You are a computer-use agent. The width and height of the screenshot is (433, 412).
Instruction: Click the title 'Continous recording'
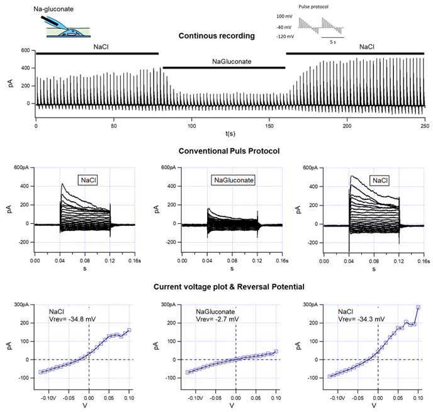click(x=216, y=36)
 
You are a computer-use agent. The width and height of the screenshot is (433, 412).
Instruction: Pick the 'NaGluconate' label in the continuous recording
click(x=223, y=60)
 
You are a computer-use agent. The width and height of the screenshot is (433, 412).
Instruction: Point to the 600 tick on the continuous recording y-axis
click(x=25, y=50)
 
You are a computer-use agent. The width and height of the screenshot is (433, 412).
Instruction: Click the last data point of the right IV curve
click(x=418, y=308)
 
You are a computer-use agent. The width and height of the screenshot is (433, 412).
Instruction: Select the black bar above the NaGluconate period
click(x=223, y=67)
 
